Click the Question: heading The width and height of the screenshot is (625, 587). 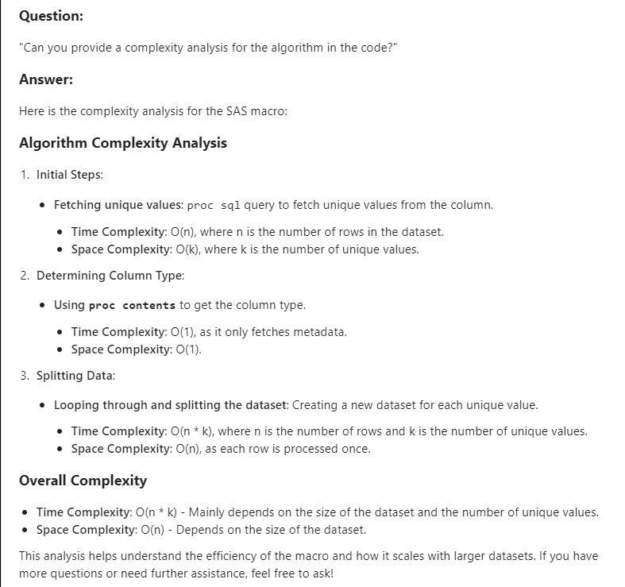pos(51,16)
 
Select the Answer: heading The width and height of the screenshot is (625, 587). pos(46,79)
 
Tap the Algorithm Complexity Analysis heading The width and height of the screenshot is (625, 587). pos(122,143)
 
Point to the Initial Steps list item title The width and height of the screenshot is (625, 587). pos(70,175)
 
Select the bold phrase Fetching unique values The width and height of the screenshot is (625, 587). pos(118,205)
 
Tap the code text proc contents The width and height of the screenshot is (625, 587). pos(132,306)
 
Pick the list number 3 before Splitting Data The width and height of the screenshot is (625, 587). pos(24,375)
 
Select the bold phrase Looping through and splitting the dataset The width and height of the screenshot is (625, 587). pos(170,405)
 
